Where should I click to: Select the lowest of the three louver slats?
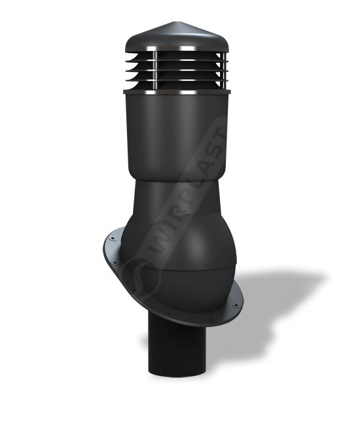click(x=176, y=79)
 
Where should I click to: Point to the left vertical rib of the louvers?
click(x=155, y=70)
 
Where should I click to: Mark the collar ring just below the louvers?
click(x=177, y=92)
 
